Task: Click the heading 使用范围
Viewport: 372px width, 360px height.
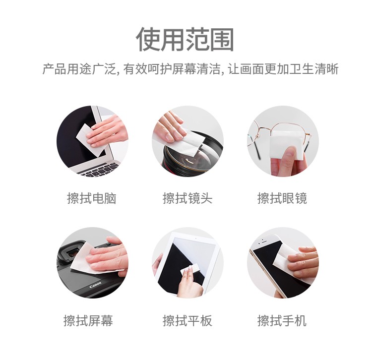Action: point(186,40)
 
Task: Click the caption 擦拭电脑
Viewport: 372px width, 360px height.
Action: point(92,198)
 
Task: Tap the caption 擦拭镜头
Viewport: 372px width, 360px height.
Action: point(187,198)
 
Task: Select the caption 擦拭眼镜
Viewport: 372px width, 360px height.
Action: point(282,198)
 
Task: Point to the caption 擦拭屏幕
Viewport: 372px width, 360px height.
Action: point(88,320)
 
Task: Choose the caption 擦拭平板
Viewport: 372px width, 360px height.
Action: point(187,320)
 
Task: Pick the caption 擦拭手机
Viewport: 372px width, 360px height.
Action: point(282,320)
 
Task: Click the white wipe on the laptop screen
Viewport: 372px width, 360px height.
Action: point(85,136)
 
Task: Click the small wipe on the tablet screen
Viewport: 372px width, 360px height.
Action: point(190,270)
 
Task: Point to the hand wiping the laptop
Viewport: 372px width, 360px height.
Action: point(108,131)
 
